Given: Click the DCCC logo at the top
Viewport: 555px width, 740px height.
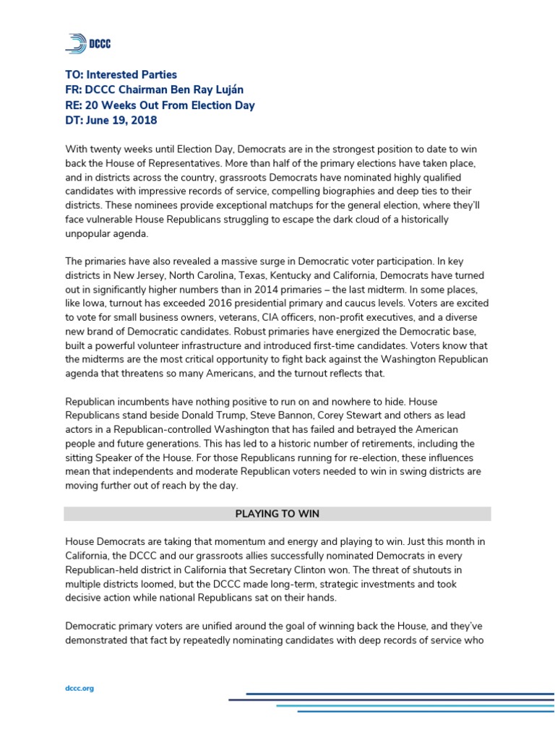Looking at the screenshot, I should pos(87,44).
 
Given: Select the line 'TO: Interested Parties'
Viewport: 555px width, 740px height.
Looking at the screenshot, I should pos(121,74).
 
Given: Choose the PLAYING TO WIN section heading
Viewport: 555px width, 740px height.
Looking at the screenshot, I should pos(277,514).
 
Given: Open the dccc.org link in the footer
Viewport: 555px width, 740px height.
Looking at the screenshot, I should pos(79,688).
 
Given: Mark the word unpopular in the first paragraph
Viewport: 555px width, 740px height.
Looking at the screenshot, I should pos(89,234).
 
